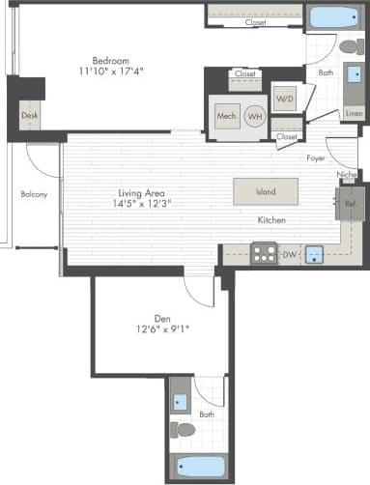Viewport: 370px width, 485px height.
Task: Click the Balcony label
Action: click(x=34, y=194)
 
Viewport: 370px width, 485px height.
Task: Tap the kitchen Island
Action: click(x=266, y=191)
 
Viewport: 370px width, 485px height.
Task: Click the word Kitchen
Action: click(x=270, y=220)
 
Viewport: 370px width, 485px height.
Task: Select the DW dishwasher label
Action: click(x=289, y=255)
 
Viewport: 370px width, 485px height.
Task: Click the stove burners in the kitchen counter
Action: click(x=263, y=255)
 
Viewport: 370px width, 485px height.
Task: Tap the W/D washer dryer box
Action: click(x=285, y=100)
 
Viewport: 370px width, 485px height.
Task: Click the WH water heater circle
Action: click(x=254, y=115)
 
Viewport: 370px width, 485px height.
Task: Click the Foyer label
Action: click(x=316, y=157)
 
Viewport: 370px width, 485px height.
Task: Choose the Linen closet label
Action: click(x=354, y=114)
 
